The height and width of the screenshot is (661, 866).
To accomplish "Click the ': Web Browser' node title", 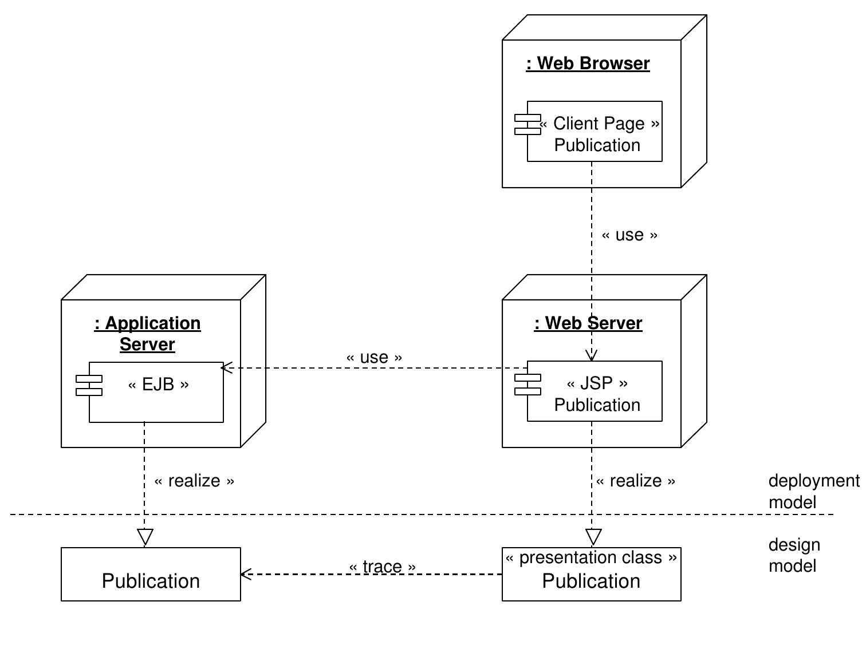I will pyautogui.click(x=588, y=63).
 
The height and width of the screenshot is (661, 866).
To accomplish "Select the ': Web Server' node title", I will pyautogui.click(x=588, y=323).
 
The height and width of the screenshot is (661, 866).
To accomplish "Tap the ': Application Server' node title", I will pyautogui.click(x=147, y=333).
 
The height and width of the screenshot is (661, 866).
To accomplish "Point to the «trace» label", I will pyautogui.click(x=382, y=567).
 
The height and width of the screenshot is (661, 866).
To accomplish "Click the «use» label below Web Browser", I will pyautogui.click(x=629, y=235).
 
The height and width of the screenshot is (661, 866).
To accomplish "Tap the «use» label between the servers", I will pyautogui.click(x=374, y=357).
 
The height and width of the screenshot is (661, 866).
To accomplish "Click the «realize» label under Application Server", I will pyautogui.click(x=194, y=481).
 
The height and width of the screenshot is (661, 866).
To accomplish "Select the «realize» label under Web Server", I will pyautogui.click(x=635, y=481).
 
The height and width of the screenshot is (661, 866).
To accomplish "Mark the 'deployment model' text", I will pyautogui.click(x=813, y=491).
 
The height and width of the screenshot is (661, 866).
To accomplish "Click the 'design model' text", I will pyautogui.click(x=794, y=555).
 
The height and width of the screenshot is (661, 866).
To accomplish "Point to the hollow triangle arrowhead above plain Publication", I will pyautogui.click(x=145, y=537).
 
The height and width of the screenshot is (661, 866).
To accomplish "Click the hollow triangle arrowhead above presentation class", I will pyautogui.click(x=593, y=537).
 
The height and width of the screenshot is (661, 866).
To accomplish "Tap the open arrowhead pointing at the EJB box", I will pyautogui.click(x=226, y=368).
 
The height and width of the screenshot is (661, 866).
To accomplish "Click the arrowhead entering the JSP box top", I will pyautogui.click(x=592, y=356).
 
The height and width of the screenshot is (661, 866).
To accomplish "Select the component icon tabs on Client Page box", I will pyautogui.click(x=527, y=124).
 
